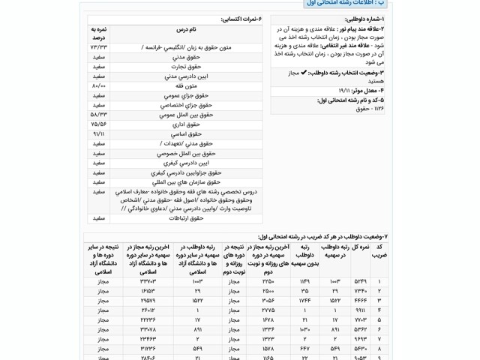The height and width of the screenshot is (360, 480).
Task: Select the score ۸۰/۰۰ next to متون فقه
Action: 99,86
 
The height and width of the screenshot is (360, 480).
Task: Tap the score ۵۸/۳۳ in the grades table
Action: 99,115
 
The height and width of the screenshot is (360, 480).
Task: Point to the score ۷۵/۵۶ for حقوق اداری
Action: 99,124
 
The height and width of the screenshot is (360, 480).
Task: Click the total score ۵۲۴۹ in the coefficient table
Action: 360,281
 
